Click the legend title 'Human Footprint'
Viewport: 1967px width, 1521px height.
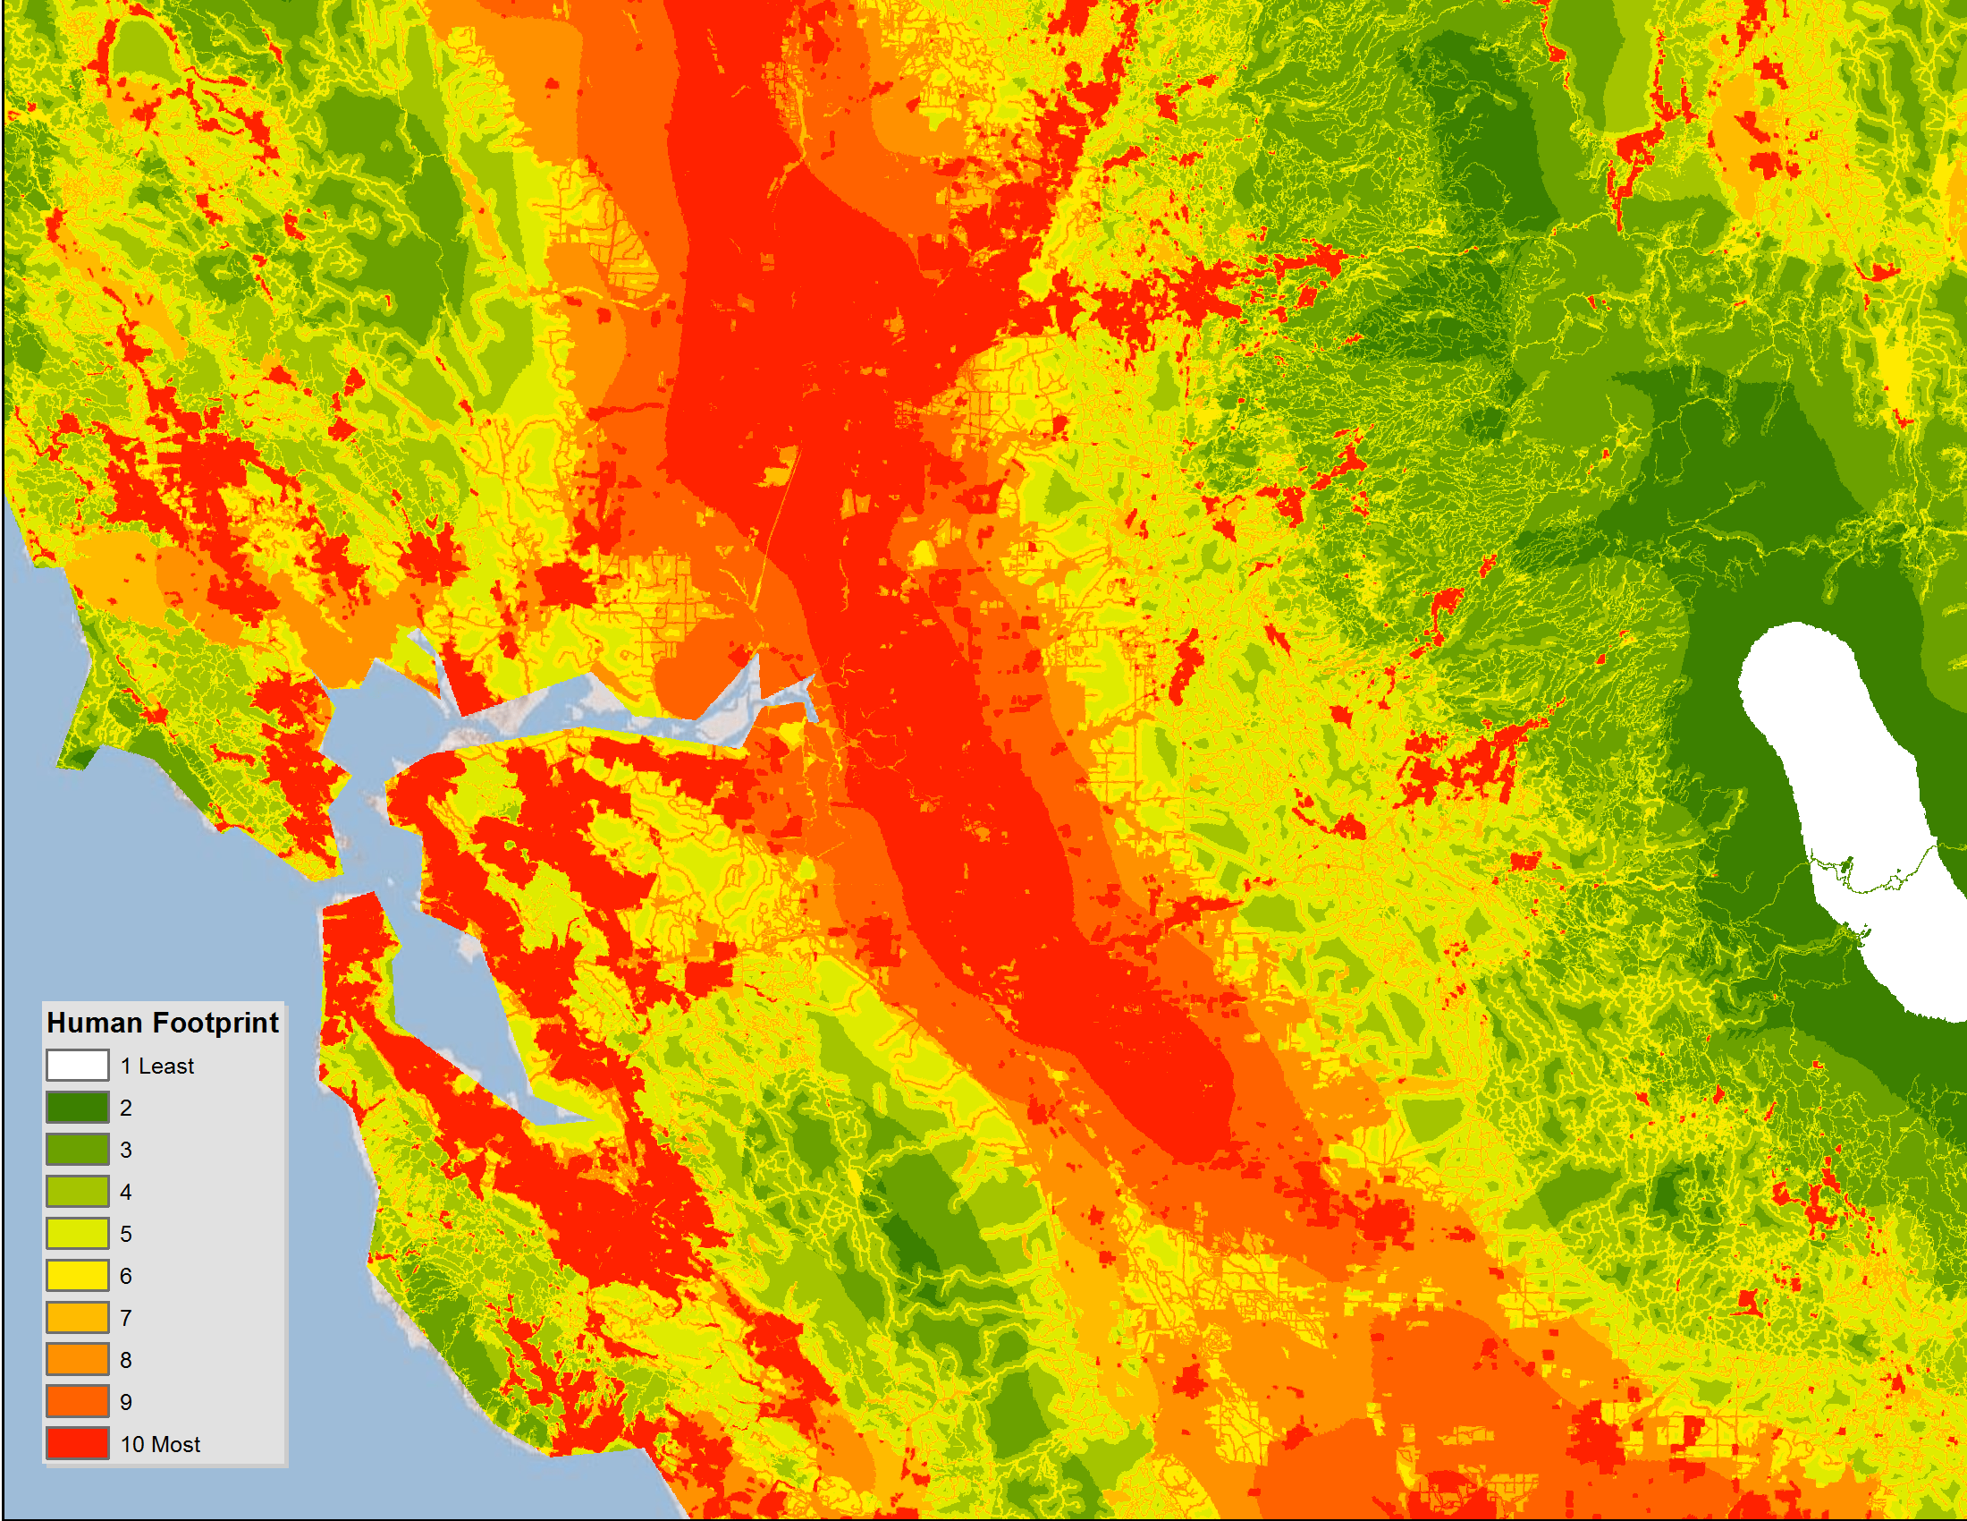162,1023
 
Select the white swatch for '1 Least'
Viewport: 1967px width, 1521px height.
78,1065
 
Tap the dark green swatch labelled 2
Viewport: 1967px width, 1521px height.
78,1108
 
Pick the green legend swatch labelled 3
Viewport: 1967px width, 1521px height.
78,1150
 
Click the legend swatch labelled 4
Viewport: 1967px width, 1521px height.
78,1191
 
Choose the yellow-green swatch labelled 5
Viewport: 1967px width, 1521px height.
78,1234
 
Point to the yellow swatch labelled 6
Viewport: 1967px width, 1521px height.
78,1276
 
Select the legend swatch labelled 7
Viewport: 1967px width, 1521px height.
78,1317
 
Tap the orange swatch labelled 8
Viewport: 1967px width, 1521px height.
78,1360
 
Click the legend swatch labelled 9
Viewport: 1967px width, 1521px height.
78,1402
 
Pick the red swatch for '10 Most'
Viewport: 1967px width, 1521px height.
78,1443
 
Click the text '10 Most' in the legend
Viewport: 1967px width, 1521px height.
160,1444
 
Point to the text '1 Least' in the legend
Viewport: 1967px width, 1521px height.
156,1066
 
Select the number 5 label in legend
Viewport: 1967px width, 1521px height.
126,1235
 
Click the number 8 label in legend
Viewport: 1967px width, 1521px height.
126,1361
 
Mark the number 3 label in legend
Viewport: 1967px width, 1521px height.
126,1151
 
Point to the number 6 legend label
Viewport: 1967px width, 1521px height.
126,1277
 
